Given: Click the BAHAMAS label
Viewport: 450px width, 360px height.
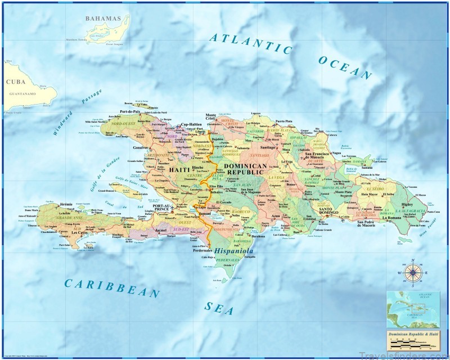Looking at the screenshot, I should coord(103,19).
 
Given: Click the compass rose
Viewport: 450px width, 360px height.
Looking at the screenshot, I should coord(413,273).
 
